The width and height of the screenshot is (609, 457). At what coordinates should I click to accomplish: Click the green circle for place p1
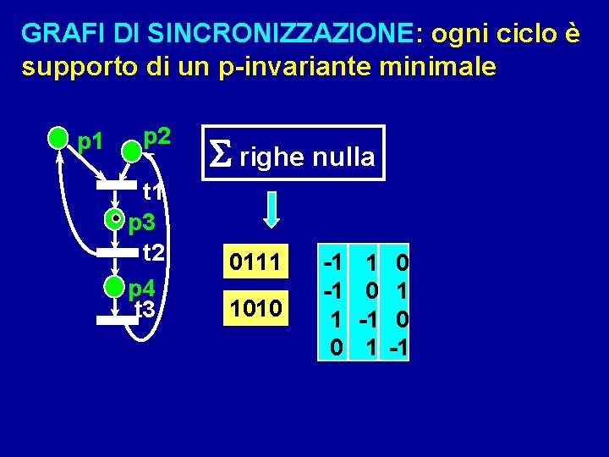(x=58, y=138)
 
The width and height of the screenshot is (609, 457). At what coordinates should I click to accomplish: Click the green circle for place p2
(x=132, y=151)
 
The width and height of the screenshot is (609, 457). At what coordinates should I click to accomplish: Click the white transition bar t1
(x=117, y=184)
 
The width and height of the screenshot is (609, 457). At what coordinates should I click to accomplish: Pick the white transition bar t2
(x=117, y=251)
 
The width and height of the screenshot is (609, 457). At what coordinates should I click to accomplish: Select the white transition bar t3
(x=117, y=320)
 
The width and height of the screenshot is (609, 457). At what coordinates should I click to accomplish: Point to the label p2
(x=157, y=135)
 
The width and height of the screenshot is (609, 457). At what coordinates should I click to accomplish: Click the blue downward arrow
(x=271, y=208)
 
